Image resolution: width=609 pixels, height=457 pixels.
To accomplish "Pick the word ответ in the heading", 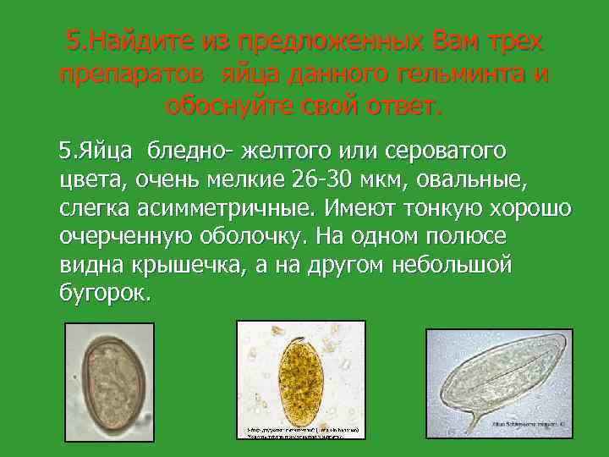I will (399, 107).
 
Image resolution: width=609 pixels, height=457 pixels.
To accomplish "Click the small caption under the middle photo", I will (302, 432).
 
